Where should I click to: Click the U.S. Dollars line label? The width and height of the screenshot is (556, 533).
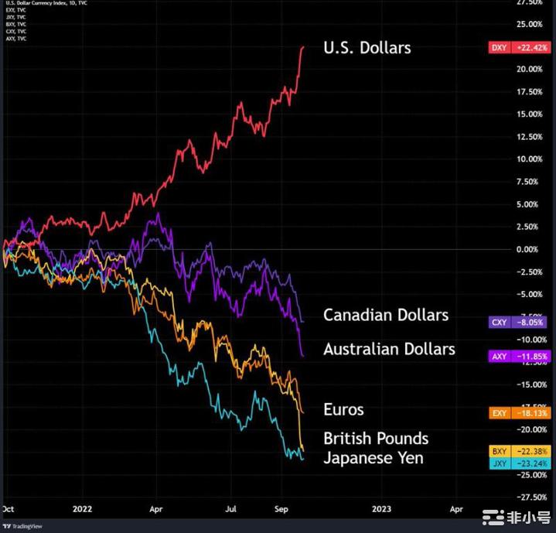(x=367, y=48)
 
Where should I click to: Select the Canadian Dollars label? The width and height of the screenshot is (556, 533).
(x=385, y=315)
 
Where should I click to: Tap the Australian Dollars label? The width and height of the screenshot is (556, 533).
(x=389, y=349)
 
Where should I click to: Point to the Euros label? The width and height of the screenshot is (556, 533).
(x=343, y=409)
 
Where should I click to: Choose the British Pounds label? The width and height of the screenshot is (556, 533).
(x=376, y=439)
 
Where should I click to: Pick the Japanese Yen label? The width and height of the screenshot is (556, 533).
(x=374, y=458)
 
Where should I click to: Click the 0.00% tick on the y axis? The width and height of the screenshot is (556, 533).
(x=528, y=249)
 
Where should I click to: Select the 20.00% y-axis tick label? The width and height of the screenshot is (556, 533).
(x=528, y=69)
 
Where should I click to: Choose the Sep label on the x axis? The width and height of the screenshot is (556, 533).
(x=281, y=510)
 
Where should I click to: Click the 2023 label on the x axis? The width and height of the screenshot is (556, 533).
(x=382, y=510)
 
